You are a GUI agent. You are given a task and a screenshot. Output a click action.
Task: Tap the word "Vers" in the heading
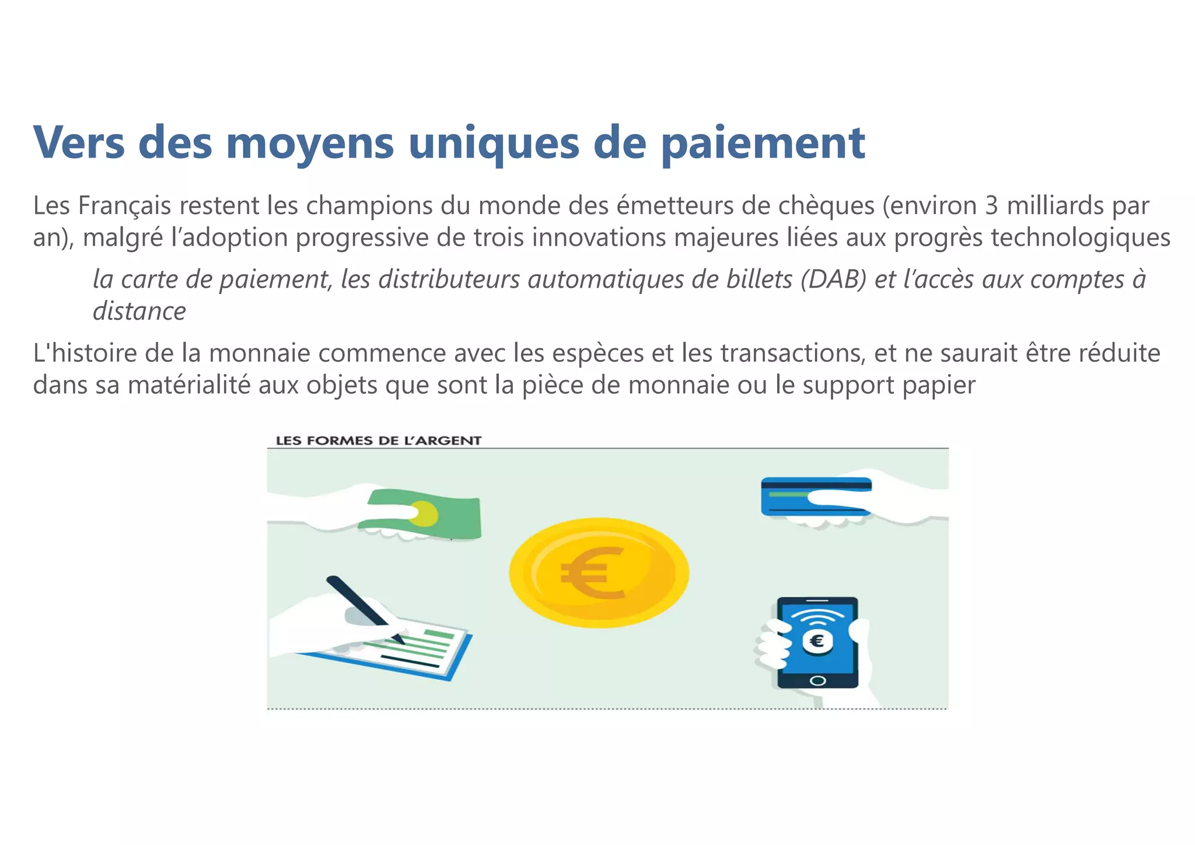pyautogui.click(x=79, y=143)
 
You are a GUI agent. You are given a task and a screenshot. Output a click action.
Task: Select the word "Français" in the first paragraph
pyautogui.click(x=124, y=206)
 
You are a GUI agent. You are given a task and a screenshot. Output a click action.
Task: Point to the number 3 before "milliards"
pyautogui.click(x=991, y=206)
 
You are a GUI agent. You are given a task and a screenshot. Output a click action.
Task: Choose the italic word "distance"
pyautogui.click(x=139, y=311)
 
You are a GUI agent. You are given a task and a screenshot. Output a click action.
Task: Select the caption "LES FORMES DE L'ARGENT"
pyautogui.click(x=379, y=441)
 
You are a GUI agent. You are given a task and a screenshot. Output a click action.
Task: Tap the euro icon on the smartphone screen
pyautogui.click(x=817, y=641)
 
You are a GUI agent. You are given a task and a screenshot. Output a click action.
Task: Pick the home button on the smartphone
pyautogui.click(x=818, y=680)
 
